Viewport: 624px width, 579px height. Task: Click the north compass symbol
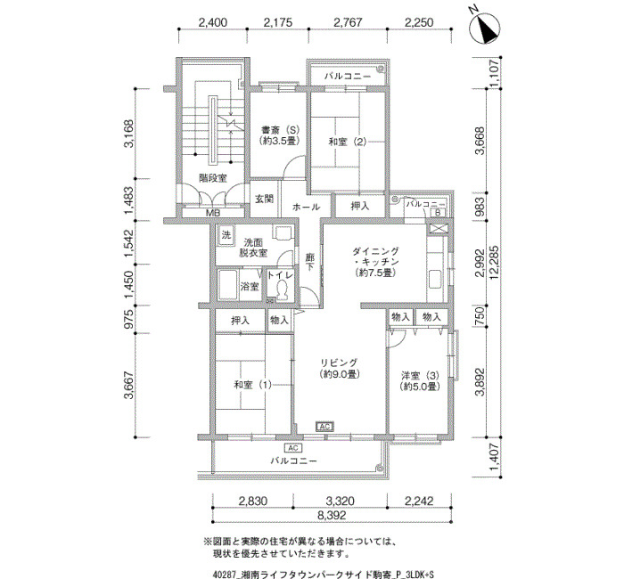[485, 28]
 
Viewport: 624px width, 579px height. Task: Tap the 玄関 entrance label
[264, 199]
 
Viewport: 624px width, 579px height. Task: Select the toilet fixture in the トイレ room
[283, 289]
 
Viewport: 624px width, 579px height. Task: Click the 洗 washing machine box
[226, 234]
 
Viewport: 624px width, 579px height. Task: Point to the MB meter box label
[213, 213]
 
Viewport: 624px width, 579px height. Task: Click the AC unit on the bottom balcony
[293, 448]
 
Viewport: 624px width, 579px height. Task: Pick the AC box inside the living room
[324, 427]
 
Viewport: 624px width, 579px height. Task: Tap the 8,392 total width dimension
[332, 516]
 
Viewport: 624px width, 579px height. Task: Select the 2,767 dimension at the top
[348, 22]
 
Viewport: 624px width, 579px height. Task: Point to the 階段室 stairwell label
[213, 178]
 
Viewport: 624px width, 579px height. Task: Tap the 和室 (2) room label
[348, 142]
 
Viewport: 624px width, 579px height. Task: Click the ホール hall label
[306, 207]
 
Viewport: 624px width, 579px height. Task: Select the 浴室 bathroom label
[250, 286]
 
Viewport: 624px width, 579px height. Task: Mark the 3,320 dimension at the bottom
[340, 501]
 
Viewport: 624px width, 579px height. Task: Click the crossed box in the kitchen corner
[438, 229]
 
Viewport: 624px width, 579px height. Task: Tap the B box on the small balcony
[438, 213]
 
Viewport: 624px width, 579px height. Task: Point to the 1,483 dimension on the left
[129, 200]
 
